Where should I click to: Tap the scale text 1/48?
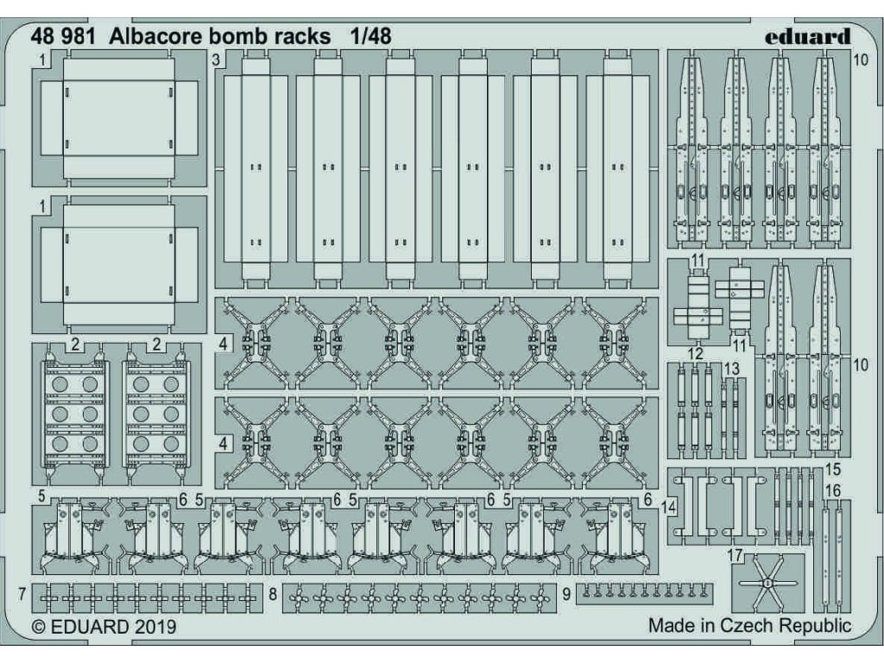[370, 36]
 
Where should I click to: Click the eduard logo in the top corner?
[807, 36]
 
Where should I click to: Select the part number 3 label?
[215, 60]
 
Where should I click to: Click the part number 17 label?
[734, 557]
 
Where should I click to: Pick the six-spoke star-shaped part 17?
[767, 584]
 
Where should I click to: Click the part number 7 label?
[21, 595]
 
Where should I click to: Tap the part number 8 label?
[272, 595]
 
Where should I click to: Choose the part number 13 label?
[731, 369]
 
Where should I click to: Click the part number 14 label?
[669, 508]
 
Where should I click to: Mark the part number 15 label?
[832, 470]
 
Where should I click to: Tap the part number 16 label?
[832, 491]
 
